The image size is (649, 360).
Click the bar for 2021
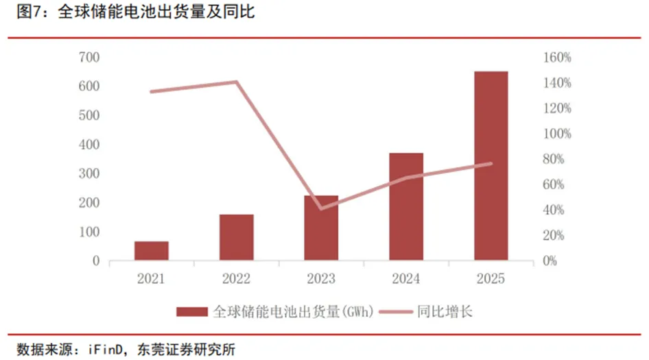[x=151, y=251]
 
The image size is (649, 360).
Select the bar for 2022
[x=237, y=237]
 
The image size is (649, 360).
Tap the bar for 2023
[x=321, y=228]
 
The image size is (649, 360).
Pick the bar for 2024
[x=406, y=206]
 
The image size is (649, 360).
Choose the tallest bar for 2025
[x=491, y=165]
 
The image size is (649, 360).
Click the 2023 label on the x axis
[x=321, y=279]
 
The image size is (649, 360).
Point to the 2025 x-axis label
[x=491, y=279]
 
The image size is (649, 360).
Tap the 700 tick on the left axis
[x=89, y=58]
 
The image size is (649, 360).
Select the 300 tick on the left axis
[x=89, y=174]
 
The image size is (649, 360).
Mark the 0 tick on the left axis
[x=96, y=261]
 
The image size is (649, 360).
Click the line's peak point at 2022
[x=237, y=82]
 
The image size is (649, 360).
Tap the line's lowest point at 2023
[x=321, y=208]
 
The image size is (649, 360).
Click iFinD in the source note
[x=105, y=348]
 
